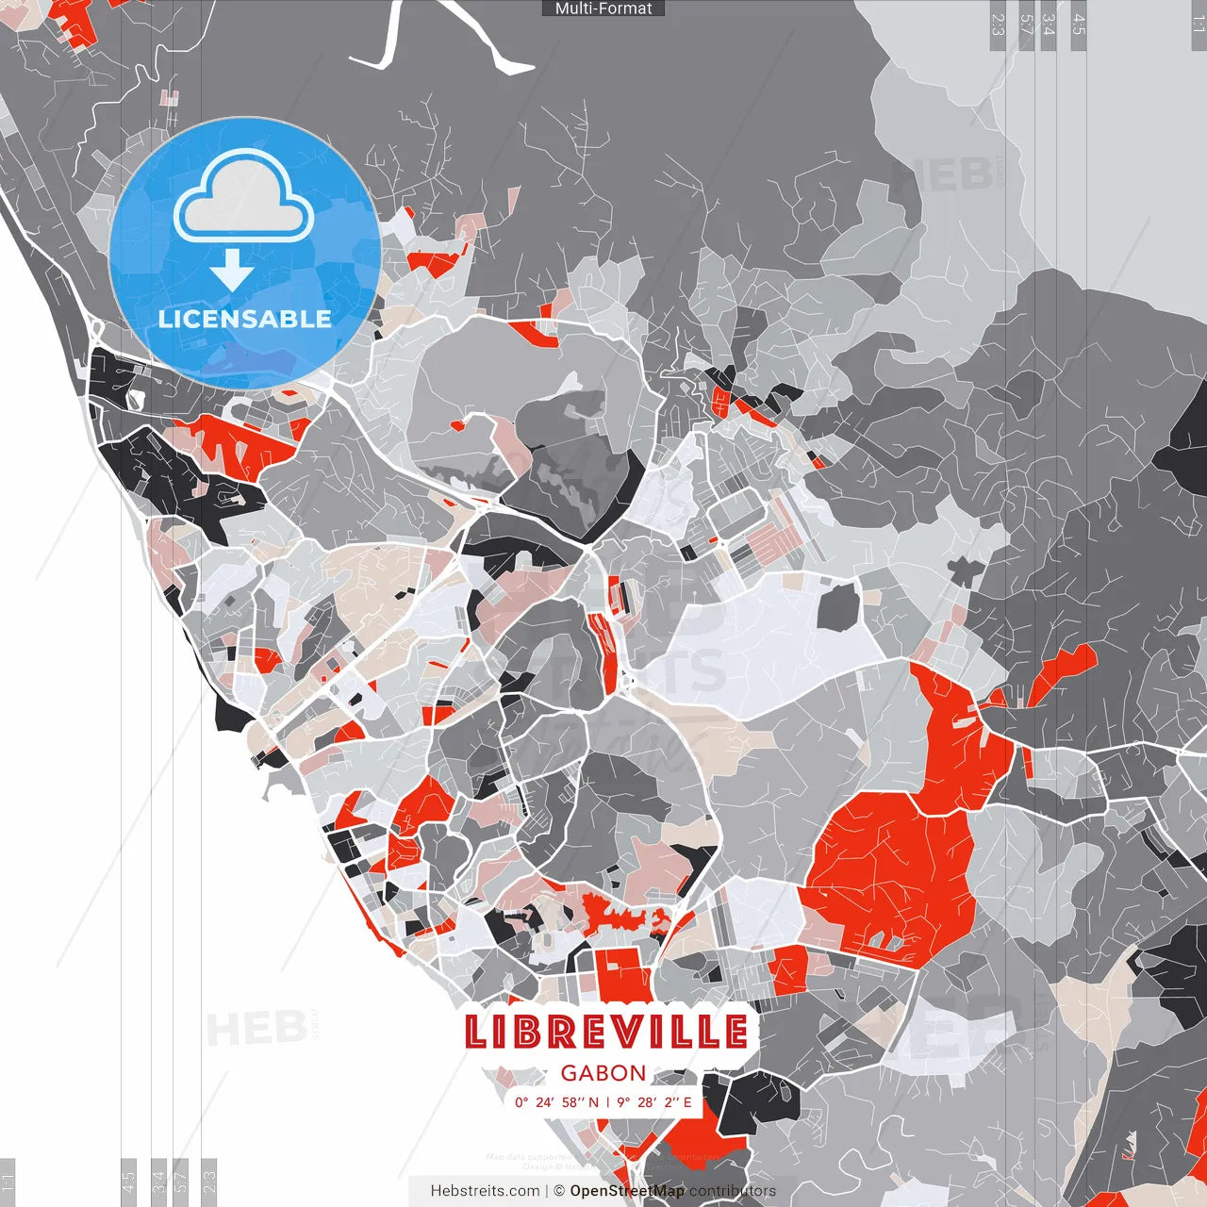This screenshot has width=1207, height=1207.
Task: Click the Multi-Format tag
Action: (x=603, y=8)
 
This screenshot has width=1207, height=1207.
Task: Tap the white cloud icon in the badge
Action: (x=244, y=197)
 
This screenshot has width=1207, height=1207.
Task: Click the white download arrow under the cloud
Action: (x=232, y=271)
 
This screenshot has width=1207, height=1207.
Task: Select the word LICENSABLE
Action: (x=245, y=319)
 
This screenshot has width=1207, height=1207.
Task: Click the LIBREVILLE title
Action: (x=606, y=1032)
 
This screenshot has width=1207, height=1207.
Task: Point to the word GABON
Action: (x=603, y=1073)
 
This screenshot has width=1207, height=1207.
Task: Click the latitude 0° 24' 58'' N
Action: (x=556, y=1102)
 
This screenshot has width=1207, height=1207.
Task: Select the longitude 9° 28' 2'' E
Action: (x=654, y=1102)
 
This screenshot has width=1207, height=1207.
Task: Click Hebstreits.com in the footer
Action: (x=485, y=1191)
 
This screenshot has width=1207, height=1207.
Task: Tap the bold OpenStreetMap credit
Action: (x=627, y=1191)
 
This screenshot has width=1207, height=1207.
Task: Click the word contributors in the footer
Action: (x=733, y=1191)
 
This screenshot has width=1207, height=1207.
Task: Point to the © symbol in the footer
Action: (x=559, y=1191)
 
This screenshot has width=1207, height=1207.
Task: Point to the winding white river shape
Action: (x=443, y=38)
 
